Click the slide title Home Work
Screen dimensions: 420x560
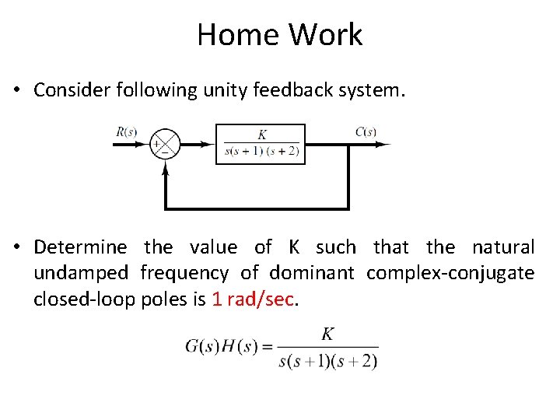coord(279,35)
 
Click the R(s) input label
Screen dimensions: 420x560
coord(127,131)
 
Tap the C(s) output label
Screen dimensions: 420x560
coord(366,131)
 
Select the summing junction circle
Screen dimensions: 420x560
coord(165,144)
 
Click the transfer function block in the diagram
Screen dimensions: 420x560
coord(260,144)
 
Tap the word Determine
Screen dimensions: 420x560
coord(80,247)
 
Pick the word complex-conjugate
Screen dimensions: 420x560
coord(450,274)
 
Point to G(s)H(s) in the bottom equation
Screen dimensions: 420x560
coord(221,347)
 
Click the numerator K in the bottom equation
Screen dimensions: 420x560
coord(327,334)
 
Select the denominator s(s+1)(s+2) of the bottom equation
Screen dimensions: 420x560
coord(328,361)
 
